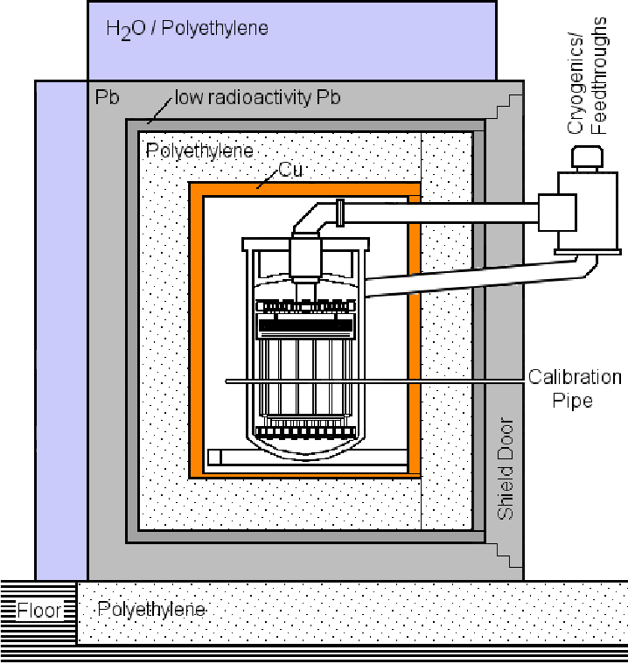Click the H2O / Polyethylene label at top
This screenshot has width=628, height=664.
point(187,29)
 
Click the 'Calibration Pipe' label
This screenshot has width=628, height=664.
point(574,388)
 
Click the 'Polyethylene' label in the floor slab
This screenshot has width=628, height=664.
point(152,608)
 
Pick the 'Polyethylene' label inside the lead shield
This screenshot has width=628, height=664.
point(199,150)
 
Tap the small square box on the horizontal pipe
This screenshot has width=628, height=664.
point(556,213)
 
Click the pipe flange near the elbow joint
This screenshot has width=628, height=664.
point(340,212)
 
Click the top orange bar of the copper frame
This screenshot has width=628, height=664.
point(304,189)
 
